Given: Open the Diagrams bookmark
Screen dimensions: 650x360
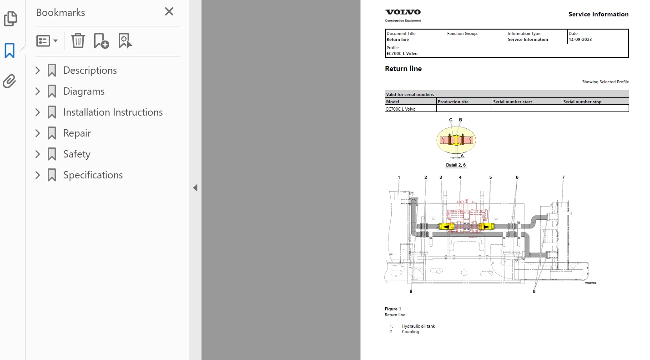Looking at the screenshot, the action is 84,91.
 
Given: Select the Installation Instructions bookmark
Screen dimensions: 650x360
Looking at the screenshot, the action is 113,112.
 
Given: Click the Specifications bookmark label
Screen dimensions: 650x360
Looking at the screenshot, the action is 93,175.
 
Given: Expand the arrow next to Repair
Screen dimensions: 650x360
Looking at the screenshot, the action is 38,133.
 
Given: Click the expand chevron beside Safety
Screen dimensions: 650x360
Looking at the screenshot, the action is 38,154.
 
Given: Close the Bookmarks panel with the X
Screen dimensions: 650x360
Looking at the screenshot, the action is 169,12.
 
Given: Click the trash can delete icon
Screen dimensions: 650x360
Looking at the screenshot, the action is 78,41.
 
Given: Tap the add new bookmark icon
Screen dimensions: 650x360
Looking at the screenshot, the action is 101,41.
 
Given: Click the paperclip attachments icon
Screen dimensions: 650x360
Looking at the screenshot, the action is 9,81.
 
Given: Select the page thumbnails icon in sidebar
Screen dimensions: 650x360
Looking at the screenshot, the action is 10,19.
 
